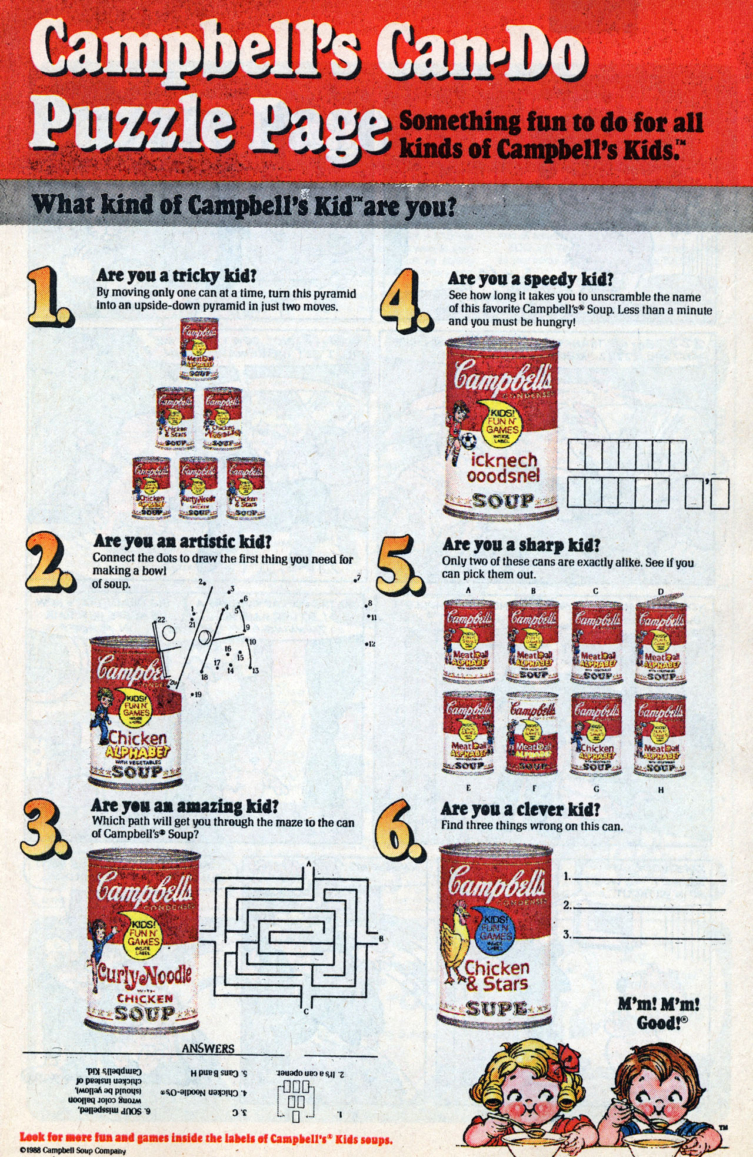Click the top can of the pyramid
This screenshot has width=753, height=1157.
[199, 348]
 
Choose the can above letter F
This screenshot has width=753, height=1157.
[532, 733]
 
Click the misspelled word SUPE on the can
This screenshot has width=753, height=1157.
[497, 1009]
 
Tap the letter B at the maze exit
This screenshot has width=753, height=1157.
[381, 938]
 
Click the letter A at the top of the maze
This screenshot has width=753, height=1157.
[308, 863]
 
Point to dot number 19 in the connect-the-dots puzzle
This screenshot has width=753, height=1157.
[196, 694]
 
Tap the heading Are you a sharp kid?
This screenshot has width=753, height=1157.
[521, 544]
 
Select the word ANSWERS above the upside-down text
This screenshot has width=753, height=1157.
[208, 1048]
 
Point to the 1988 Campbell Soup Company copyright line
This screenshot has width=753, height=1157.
[73, 1150]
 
